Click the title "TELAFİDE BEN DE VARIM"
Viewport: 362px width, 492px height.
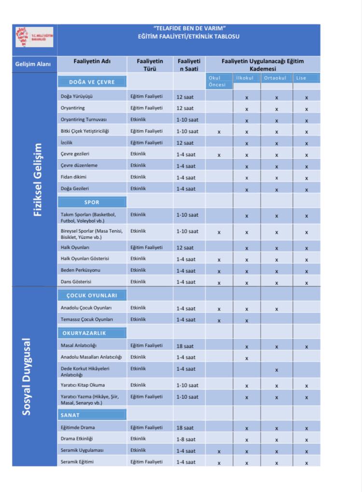[188, 29]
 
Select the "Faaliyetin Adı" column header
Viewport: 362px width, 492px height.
[92, 61]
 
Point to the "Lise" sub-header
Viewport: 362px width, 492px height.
[302, 78]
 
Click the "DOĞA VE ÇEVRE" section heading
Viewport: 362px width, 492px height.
[92, 82]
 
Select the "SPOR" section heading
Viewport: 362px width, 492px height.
[92, 202]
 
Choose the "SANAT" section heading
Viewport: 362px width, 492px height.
[70, 415]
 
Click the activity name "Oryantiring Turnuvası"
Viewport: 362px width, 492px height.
[84, 119]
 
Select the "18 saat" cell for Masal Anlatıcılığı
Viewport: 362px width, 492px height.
[186, 346]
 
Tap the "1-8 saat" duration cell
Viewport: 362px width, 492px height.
[186, 439]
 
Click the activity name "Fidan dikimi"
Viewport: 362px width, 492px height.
[74, 177]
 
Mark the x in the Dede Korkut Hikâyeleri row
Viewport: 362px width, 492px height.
[277, 370]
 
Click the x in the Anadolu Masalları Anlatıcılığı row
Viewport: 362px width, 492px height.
[247, 358]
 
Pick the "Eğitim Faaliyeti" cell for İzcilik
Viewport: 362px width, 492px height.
[146, 142]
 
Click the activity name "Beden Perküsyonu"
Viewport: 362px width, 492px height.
[81, 270]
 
